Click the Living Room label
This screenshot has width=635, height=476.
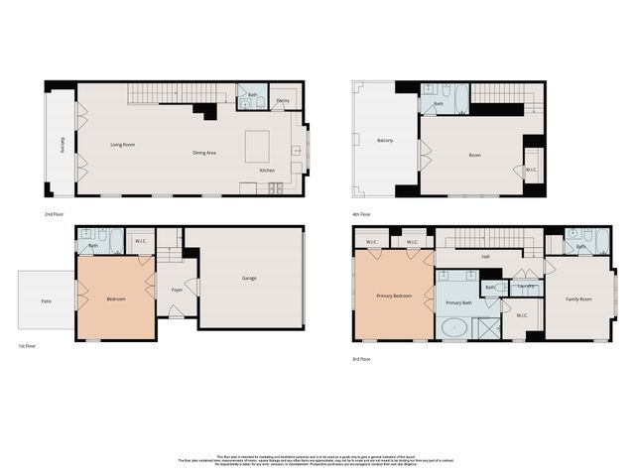click(x=122, y=145)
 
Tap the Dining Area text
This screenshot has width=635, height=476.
click(x=204, y=153)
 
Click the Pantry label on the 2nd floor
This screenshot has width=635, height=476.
click(x=283, y=101)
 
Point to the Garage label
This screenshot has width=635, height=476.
click(x=249, y=278)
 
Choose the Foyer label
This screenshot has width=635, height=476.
click(x=177, y=291)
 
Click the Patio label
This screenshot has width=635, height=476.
click(x=46, y=299)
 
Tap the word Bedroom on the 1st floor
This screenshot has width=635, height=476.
click(x=115, y=298)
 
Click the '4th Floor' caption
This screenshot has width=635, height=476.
click(x=361, y=214)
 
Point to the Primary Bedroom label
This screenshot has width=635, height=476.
click(x=394, y=296)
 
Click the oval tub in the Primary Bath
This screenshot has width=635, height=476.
click(x=455, y=328)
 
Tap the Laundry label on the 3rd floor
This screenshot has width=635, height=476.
click(x=526, y=287)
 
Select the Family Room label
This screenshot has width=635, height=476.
click(x=578, y=298)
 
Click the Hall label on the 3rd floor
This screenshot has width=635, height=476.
click(x=486, y=256)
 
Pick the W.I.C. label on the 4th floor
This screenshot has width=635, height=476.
click(x=531, y=169)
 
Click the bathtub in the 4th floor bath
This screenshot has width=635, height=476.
click(x=458, y=96)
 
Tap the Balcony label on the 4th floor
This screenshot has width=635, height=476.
click(x=385, y=140)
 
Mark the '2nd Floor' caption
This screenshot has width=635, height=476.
click(x=55, y=214)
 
